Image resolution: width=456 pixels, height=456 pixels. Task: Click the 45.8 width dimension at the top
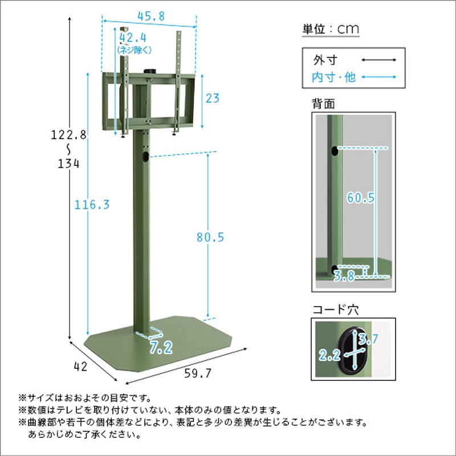pos(151,16)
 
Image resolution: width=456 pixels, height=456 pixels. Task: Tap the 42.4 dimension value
pos(133,38)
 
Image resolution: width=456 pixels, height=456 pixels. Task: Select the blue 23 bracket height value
pos(213,98)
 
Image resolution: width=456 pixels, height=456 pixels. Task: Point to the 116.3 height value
pos(92,205)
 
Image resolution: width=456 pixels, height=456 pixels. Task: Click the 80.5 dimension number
pos(210,237)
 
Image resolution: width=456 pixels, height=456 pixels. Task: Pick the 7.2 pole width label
pos(161,348)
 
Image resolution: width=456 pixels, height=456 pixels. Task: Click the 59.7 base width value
pos(198,373)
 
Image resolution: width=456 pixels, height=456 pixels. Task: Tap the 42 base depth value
pos(80,367)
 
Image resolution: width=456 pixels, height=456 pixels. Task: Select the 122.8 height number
pos(69,135)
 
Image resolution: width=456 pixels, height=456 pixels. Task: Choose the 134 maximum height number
pos(68,164)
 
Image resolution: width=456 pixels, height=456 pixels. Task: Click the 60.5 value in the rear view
pos(361,198)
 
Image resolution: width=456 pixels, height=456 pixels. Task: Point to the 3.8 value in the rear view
pos(344,276)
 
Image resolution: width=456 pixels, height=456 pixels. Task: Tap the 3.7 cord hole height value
pos(368,339)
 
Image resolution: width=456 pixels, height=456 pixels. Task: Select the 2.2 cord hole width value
pos(329,355)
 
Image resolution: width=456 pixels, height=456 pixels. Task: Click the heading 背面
pos(323,104)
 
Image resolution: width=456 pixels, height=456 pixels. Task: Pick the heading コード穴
pos(336,310)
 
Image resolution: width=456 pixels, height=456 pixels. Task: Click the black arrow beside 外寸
pos(378,60)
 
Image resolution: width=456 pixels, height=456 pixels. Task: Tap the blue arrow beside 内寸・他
pos(378,77)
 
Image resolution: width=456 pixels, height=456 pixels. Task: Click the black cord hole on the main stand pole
pos(146,156)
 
